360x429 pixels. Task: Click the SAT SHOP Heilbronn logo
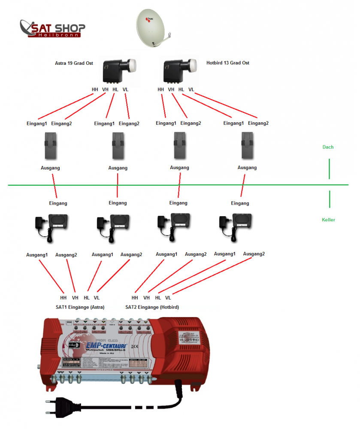coord(52,28)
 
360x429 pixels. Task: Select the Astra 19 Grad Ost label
coord(74,63)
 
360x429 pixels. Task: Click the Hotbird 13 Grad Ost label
coord(227,63)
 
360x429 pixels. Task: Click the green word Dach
coord(328,147)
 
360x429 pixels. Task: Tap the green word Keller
coord(328,220)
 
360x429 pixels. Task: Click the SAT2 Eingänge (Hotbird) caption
coord(152,307)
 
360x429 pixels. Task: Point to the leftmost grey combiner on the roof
coord(53,146)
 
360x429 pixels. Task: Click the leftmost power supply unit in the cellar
coord(52,224)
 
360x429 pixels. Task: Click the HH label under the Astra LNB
coord(95,90)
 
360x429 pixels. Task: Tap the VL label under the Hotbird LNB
coord(191,90)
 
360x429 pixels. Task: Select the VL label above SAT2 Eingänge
coord(168,298)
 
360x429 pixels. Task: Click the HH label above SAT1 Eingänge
coord(64,298)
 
